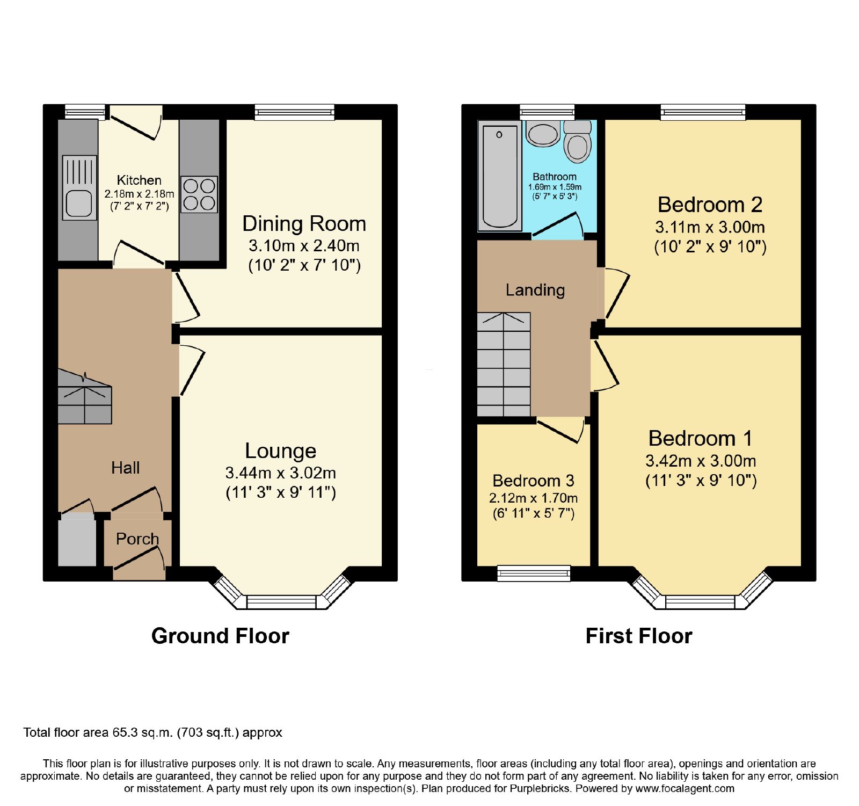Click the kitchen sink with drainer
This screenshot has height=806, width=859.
click(x=79, y=187)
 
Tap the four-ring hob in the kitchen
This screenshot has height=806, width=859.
click(x=199, y=194)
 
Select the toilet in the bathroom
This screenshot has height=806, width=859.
click(x=577, y=142)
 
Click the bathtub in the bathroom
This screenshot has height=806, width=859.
click(x=500, y=176)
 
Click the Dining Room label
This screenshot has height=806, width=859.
click(x=304, y=223)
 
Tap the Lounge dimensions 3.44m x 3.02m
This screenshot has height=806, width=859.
click(x=281, y=473)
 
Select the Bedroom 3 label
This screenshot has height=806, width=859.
click(x=533, y=480)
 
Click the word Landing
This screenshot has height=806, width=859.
click(x=535, y=290)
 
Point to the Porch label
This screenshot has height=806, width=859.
click(x=137, y=539)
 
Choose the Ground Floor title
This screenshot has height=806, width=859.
click(x=220, y=636)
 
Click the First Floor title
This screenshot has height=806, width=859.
click(x=639, y=636)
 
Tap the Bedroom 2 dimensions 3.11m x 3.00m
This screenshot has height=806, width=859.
click(x=710, y=227)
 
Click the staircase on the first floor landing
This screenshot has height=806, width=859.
click(x=504, y=364)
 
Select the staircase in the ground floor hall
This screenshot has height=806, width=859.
click(x=84, y=396)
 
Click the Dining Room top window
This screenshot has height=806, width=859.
click(x=294, y=112)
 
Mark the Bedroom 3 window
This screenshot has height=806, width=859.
click(x=534, y=573)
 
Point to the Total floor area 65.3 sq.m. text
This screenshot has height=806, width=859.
click(x=152, y=732)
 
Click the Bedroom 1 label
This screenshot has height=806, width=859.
click(x=700, y=438)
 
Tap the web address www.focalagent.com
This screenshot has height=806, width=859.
click(x=685, y=789)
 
